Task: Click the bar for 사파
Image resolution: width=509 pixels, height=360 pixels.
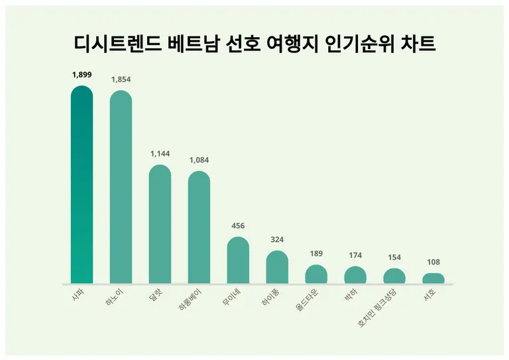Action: [82, 185]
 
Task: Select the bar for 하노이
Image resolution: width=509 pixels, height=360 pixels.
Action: [121, 188]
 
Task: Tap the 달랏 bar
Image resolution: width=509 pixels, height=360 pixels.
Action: [160, 225]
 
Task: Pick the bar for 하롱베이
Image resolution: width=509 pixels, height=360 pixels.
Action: [199, 228]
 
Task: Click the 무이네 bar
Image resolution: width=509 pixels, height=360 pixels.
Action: [238, 261]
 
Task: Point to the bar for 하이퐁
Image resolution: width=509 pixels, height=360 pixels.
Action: [277, 267]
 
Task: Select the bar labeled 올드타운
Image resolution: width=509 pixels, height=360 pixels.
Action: [316, 274]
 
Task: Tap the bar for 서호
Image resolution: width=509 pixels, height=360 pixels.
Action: [433, 278]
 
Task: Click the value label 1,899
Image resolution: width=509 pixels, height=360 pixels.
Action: [82, 75]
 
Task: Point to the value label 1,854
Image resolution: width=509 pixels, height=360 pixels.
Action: [121, 80]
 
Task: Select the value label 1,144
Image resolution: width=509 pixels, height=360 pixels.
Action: [160, 154]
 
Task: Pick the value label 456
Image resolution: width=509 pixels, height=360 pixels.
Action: [238, 226]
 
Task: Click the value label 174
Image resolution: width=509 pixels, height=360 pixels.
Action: [355, 255]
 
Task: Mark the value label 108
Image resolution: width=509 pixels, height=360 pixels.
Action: [433, 262]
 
